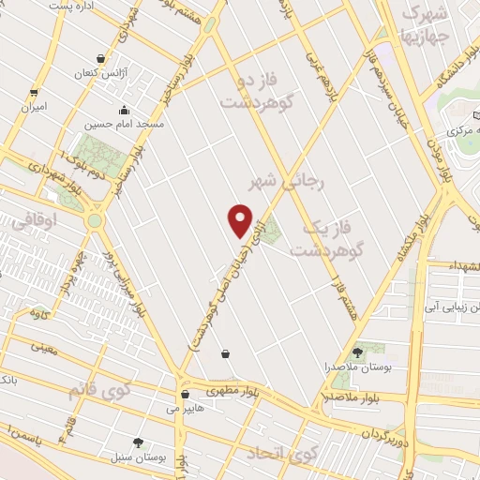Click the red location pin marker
[241, 219]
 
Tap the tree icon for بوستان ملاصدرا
[357, 352]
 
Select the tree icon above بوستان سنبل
[140, 442]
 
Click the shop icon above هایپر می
[185, 395]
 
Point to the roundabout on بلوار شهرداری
[95, 221]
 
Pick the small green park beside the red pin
[270, 232]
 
